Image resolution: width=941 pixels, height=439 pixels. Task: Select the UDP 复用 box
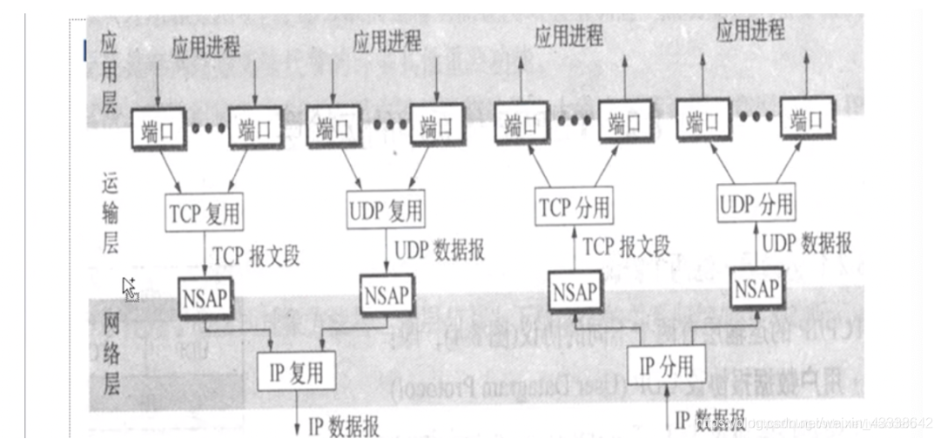pyautogui.click(x=386, y=209)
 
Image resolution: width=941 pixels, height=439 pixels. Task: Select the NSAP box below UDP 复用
pyautogui.click(x=386, y=293)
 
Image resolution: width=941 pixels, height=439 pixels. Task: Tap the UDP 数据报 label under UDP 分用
pyautogui.click(x=807, y=243)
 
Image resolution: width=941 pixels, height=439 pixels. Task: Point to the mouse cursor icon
pyautogui.click(x=129, y=288)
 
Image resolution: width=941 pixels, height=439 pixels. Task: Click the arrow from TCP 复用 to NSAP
pyautogui.click(x=205, y=255)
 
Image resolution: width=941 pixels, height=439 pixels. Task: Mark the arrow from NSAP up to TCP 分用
pyautogui.click(x=574, y=249)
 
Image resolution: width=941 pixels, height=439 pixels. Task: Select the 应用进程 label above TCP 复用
pyautogui.click(x=205, y=45)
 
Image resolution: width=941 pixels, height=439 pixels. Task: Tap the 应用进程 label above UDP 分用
pyautogui.click(x=749, y=31)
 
